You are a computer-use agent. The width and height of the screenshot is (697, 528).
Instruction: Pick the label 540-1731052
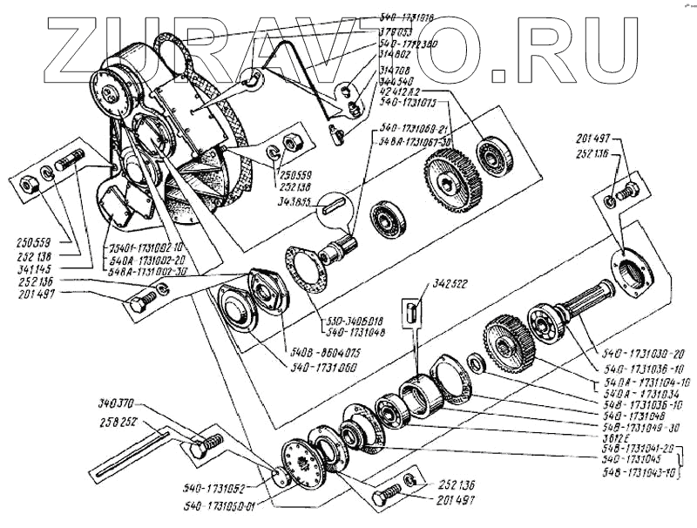213,490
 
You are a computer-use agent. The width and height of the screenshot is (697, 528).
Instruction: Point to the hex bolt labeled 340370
202,447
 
